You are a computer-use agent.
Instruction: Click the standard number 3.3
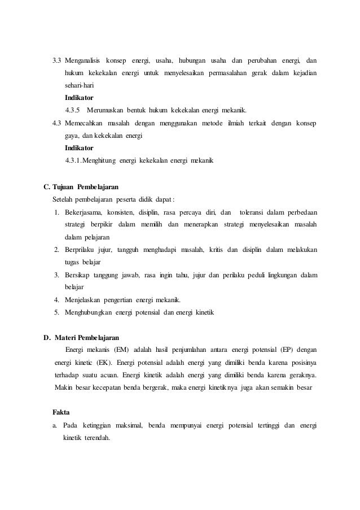click(57, 60)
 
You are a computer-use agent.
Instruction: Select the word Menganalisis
click(82, 60)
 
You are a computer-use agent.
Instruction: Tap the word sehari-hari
click(79, 85)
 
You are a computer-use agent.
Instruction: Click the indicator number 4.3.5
click(73, 110)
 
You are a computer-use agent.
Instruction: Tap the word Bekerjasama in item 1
click(82, 212)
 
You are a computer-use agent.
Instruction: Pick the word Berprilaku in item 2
click(82, 250)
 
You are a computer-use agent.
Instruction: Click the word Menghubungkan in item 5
click(89, 312)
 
